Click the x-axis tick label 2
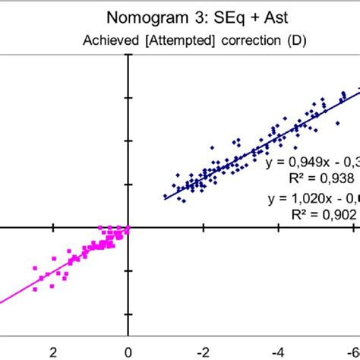pos(53,352)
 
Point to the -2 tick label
pos(202,352)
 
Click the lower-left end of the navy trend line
pos(164,198)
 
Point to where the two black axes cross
pos(128,226)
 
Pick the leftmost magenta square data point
pos(35,267)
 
